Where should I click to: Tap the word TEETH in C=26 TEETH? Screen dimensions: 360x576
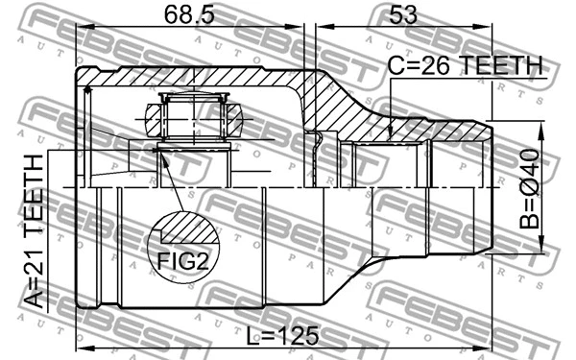click(x=500, y=65)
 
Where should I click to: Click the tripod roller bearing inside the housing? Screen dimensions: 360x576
click(x=196, y=118)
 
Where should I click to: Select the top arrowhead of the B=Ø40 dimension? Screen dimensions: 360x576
click(x=542, y=124)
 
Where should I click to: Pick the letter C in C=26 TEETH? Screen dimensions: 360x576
click(x=396, y=65)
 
